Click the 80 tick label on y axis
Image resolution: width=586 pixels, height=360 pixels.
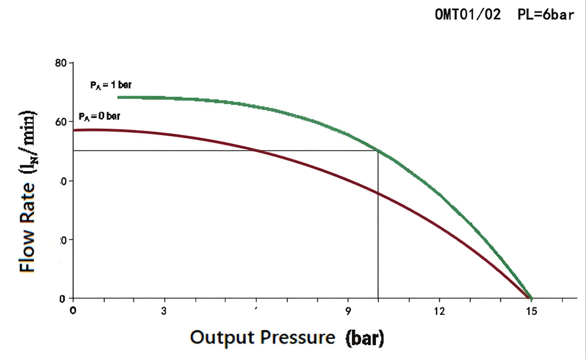(60, 62)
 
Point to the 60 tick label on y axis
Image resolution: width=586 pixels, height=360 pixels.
(61, 121)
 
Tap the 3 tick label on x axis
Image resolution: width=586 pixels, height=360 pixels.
(165, 311)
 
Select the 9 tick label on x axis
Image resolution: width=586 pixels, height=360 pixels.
(348, 311)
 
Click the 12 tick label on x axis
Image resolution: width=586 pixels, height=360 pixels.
(439, 311)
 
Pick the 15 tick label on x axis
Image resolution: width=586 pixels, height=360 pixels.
(531, 311)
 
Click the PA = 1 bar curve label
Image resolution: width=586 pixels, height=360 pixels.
(110, 85)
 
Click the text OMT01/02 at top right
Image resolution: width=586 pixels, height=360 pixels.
(468, 15)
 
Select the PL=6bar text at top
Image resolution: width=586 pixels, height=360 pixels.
(545, 15)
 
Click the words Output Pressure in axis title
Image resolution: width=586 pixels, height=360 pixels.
(262, 337)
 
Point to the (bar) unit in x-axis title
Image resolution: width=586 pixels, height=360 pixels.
(365, 338)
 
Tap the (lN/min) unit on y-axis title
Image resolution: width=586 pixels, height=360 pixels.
(27, 140)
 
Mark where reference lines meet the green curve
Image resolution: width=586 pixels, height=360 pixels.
(378, 151)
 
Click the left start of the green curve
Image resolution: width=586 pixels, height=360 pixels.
(118, 97)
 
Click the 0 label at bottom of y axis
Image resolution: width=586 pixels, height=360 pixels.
(64, 298)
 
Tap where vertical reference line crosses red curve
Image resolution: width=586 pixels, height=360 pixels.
(378, 193)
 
